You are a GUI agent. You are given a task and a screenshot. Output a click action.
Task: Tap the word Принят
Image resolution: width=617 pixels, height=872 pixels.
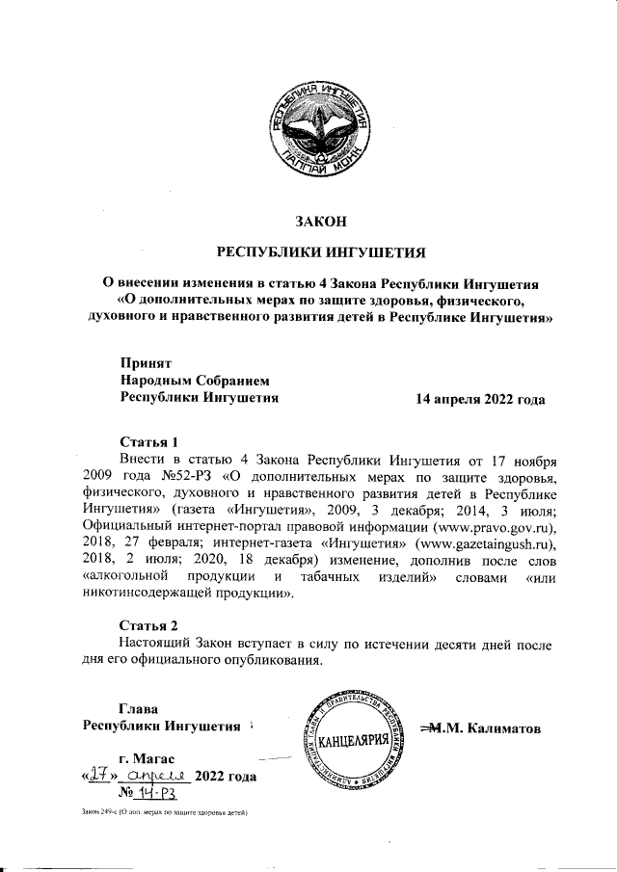click(x=145, y=363)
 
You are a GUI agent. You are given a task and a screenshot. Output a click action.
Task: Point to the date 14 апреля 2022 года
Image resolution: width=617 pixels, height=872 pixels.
click(x=479, y=398)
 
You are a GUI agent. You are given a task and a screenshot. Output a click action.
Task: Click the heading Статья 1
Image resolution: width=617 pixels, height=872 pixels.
click(x=148, y=440)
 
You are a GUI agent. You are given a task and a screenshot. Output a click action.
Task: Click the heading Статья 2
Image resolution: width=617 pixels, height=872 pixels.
click(x=148, y=624)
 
